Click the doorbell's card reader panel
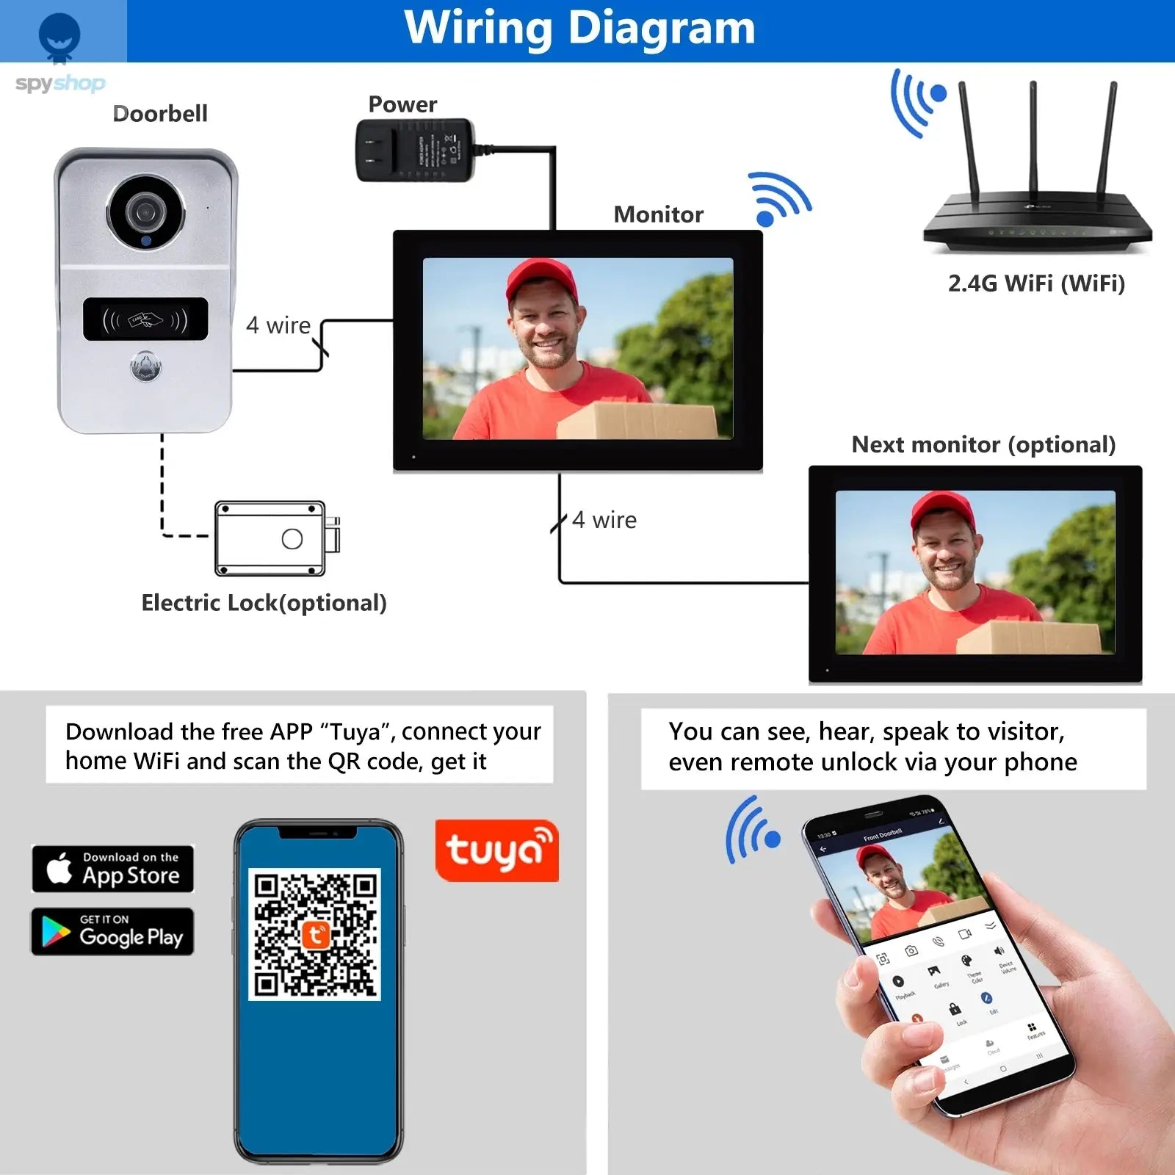(145, 319)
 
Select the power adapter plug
(414, 151)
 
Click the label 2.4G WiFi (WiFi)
(1036, 283)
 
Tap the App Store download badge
(113, 868)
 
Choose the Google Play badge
(112, 931)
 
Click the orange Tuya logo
(497, 850)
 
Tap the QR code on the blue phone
(315, 934)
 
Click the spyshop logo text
(60, 83)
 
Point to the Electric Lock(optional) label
(264, 603)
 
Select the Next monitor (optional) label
(983, 444)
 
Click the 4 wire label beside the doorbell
(278, 325)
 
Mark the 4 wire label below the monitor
(604, 520)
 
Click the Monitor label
(658, 214)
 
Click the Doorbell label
(160, 114)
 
